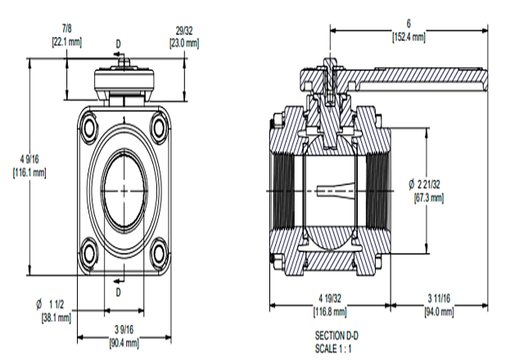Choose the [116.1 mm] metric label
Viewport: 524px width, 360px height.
30,172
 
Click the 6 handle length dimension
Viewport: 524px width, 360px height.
409,25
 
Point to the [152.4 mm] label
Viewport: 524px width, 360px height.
409,37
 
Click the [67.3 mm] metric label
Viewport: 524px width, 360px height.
429,198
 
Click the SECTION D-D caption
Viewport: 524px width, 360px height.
337,335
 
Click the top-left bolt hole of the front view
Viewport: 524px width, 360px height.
88,126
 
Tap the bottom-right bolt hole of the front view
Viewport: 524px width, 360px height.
158,254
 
